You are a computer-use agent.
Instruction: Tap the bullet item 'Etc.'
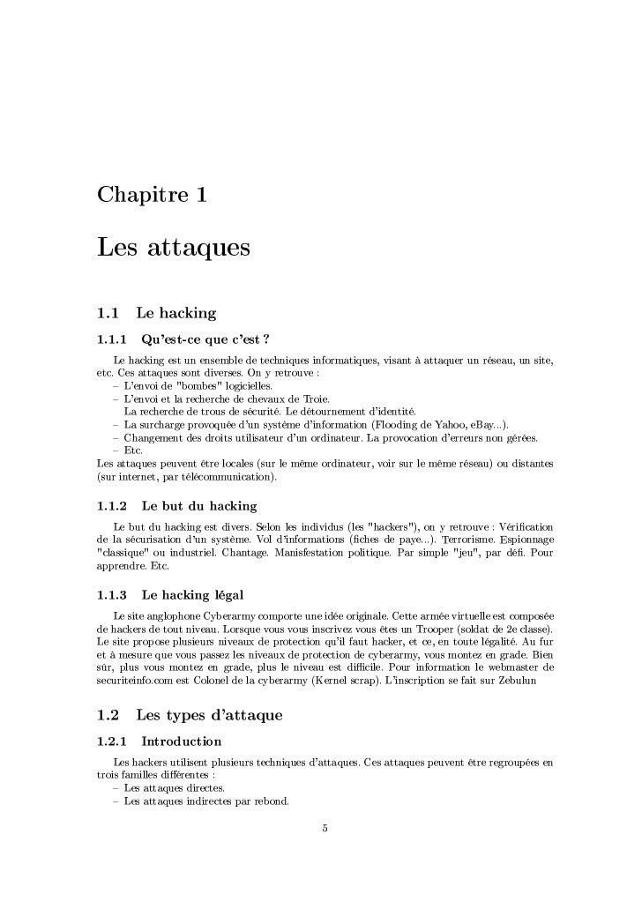click(133, 451)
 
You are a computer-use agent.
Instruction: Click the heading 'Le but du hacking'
click(198, 506)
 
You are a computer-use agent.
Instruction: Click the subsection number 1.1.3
click(111, 594)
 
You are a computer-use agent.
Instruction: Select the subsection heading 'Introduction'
click(181, 741)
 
